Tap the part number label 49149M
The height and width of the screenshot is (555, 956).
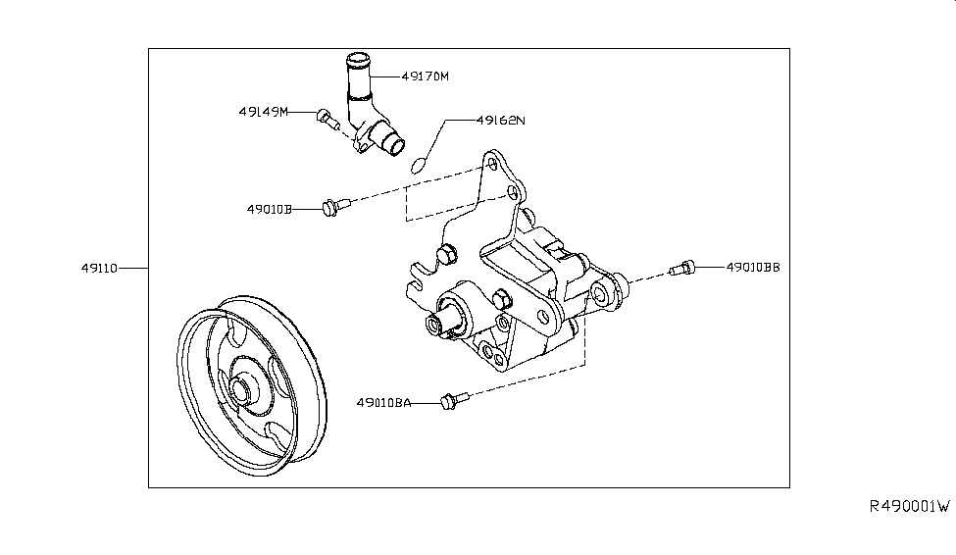263,112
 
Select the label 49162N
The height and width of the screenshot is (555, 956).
501,121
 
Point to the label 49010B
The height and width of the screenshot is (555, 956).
270,209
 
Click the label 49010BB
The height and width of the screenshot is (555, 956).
753,267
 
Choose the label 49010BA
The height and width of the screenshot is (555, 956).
383,402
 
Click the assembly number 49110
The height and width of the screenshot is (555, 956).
100,268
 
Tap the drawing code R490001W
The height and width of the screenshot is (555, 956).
909,507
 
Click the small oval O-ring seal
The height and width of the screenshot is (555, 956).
418,164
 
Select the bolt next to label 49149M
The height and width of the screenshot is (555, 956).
327,120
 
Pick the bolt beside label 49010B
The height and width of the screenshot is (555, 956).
333,206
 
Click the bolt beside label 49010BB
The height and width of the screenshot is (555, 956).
681,267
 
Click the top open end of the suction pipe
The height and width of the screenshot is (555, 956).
357,62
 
